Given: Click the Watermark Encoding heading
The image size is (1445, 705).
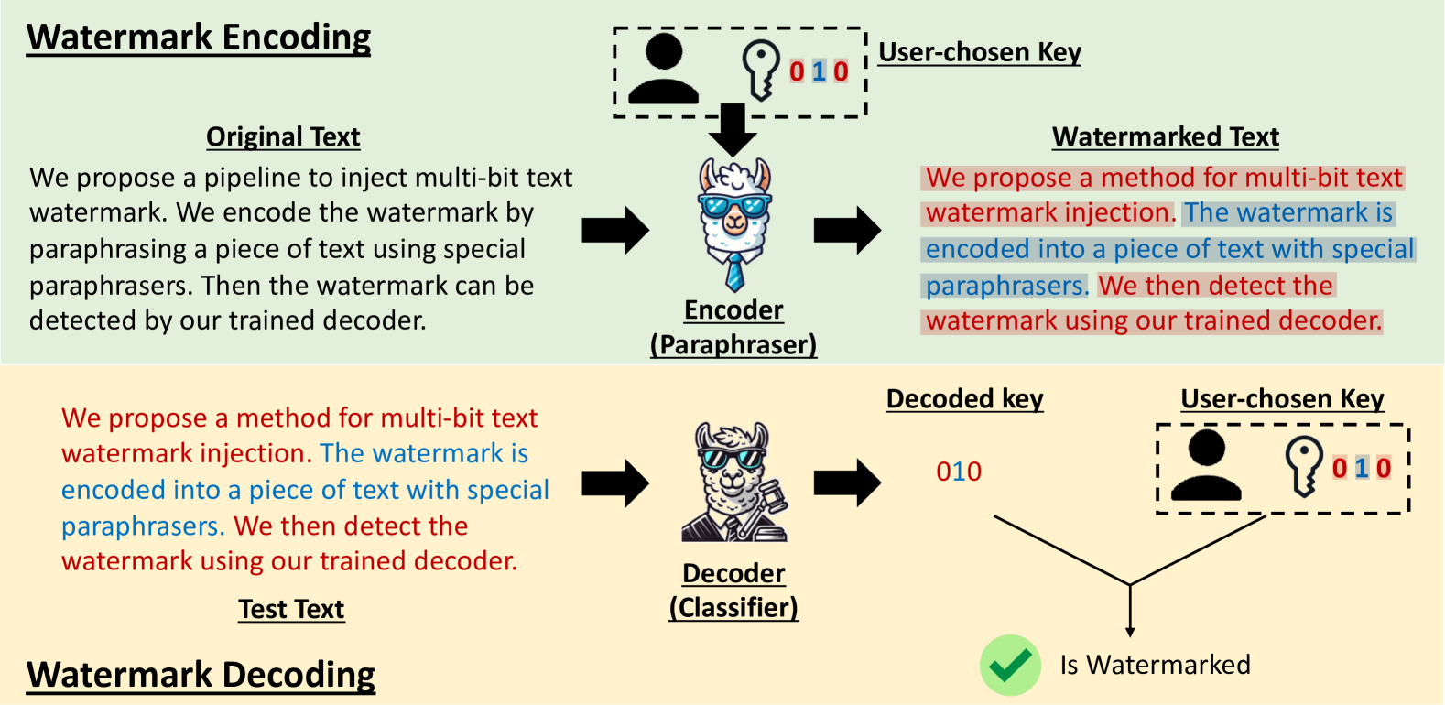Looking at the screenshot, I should point(199,38).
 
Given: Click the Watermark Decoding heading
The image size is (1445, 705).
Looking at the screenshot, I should point(201,675).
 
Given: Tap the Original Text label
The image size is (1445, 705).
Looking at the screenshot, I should point(283,136).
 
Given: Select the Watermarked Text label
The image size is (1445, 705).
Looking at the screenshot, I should point(1165,136).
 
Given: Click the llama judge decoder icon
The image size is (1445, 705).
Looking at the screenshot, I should point(733,483).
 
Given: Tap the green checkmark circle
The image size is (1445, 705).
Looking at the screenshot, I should point(1010,665).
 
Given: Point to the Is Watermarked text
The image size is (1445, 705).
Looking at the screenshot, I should point(1155,665).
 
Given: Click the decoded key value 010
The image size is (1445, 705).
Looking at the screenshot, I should point(958,472).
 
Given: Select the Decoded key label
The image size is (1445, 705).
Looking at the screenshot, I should point(964,399).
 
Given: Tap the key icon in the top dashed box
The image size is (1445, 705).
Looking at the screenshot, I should point(760,70).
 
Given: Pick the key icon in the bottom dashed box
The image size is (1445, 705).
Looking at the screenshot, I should point(1303,465).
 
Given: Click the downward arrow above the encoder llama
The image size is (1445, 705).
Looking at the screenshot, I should point(733,128).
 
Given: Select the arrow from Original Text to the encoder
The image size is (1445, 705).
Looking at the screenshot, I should point(614,230).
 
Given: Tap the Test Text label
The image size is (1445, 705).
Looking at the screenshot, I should point(291,609).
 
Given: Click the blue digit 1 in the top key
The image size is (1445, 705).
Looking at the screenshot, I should point(819,71).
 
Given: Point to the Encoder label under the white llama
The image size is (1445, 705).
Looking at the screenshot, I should point(733,310).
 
